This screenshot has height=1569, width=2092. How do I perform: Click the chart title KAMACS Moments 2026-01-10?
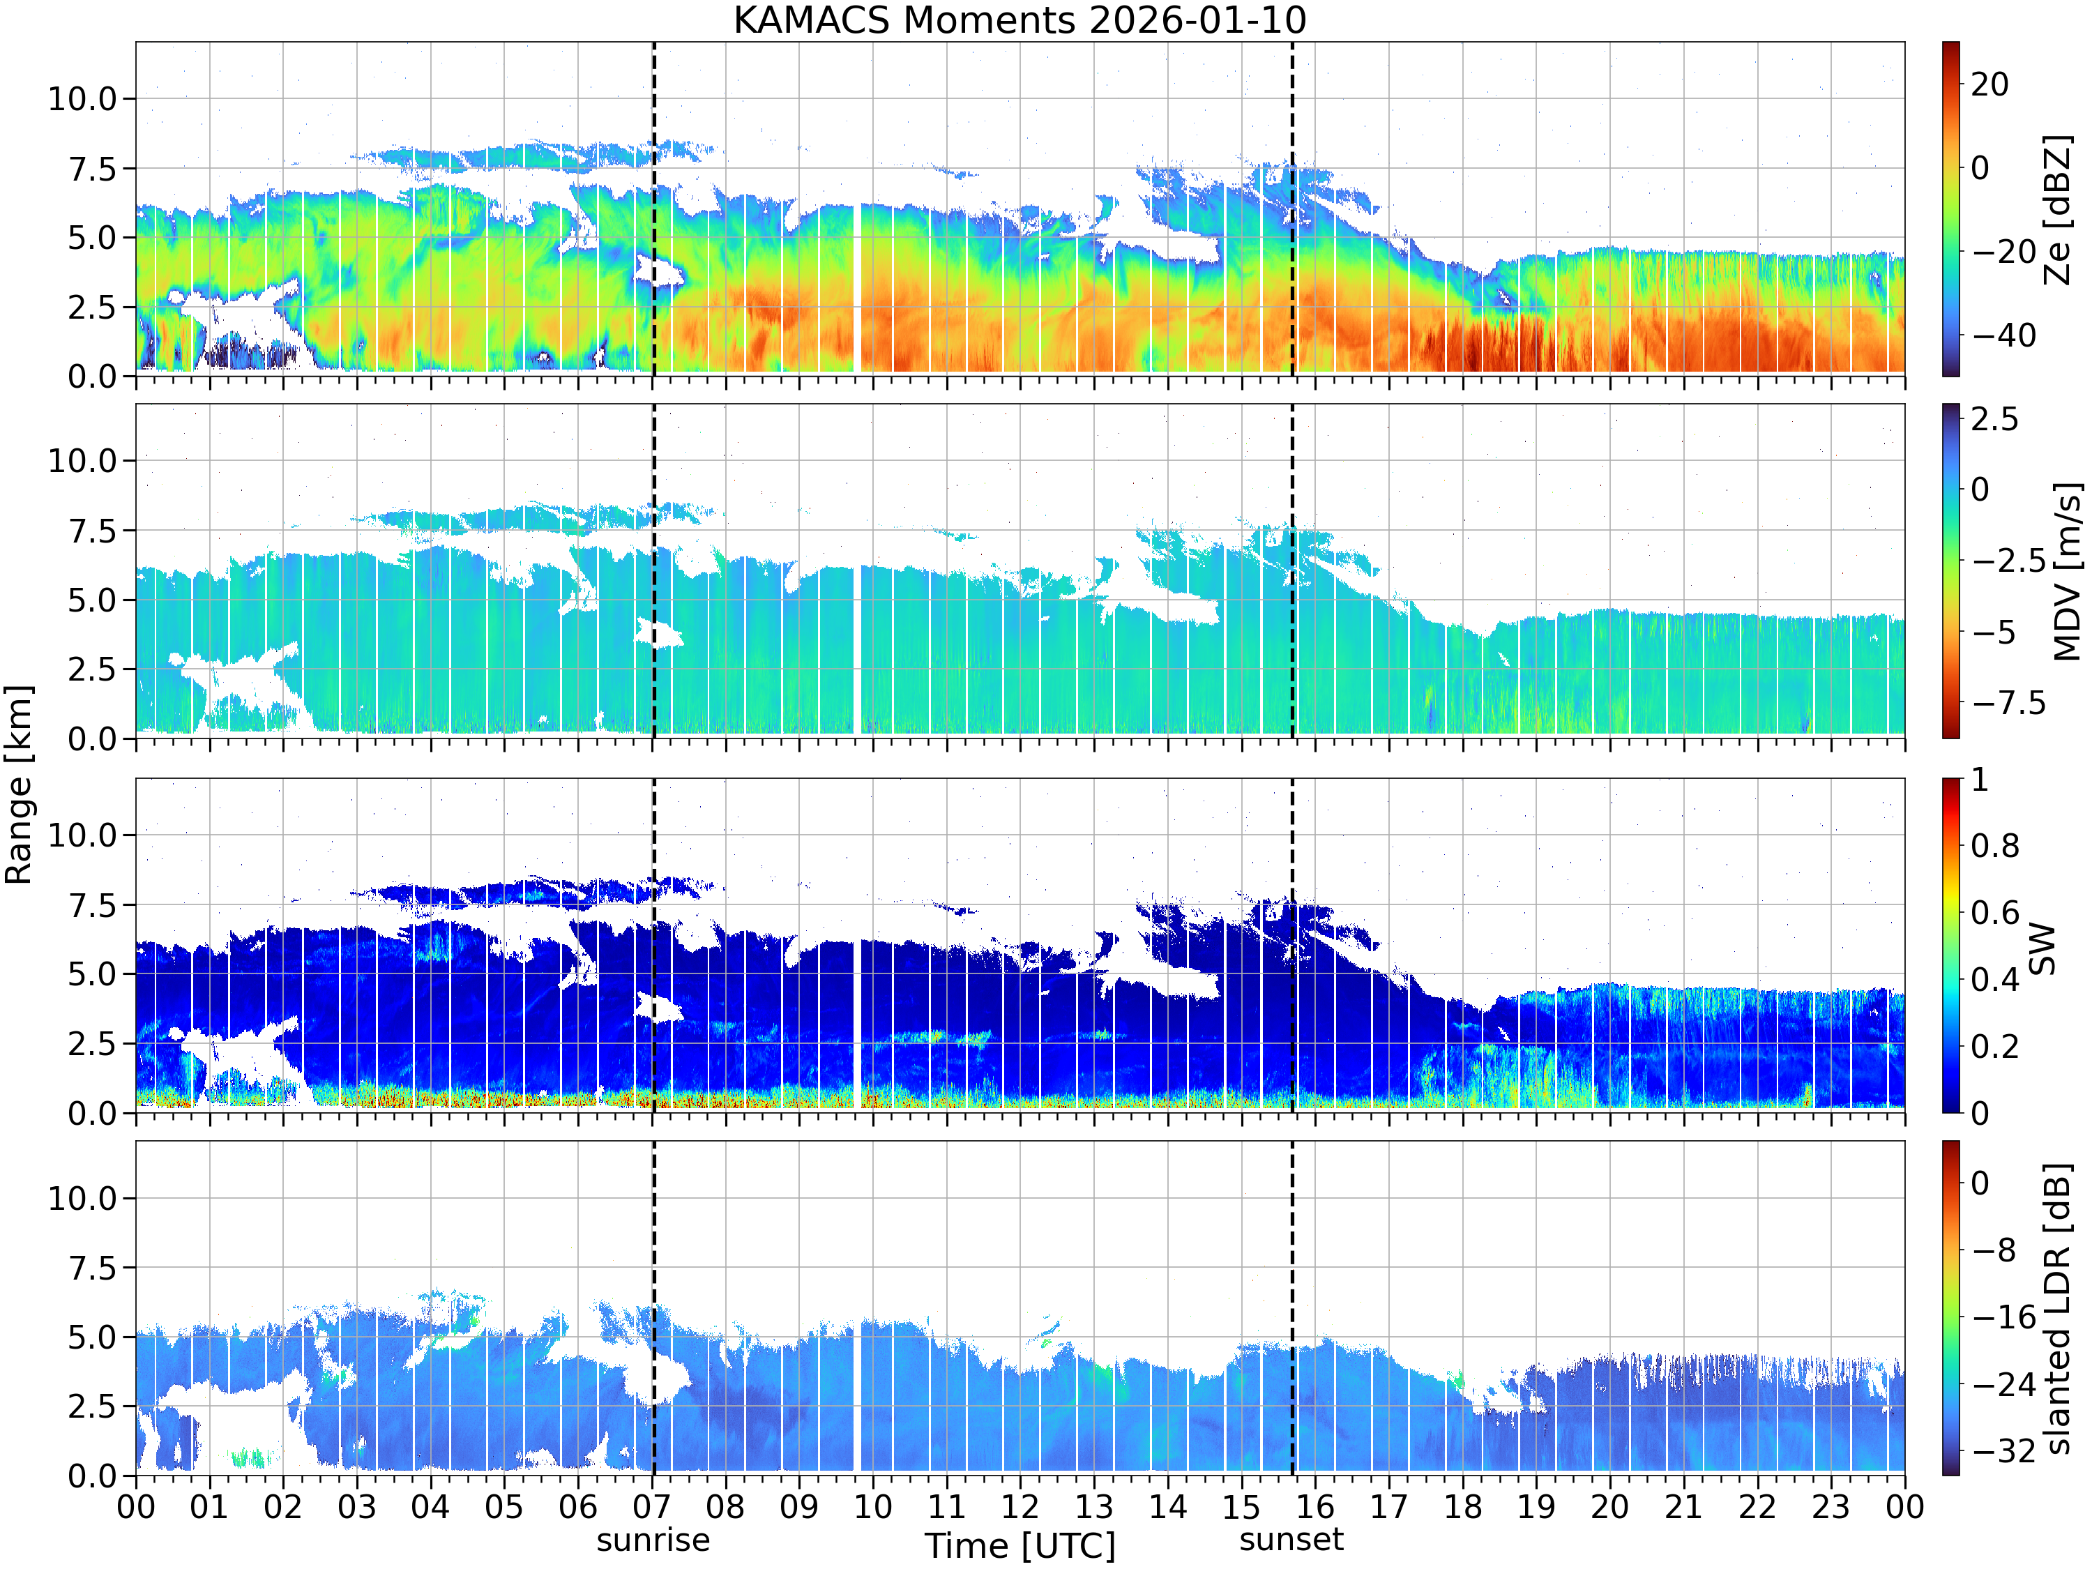[1020, 20]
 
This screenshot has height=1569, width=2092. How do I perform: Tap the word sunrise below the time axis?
[653, 1540]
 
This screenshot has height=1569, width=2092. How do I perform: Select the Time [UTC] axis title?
[1020, 1546]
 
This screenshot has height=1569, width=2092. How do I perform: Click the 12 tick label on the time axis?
[1020, 1506]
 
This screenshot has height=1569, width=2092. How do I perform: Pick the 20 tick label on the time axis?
[1609, 1506]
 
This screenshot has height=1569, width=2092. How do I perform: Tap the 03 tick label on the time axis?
[356, 1506]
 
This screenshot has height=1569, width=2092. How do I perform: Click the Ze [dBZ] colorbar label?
[2057, 210]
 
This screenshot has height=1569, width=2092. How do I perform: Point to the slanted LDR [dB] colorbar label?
[2057, 1308]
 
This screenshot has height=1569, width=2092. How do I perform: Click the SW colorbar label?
[2042, 948]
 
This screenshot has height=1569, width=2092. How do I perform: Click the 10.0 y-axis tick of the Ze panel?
[82, 98]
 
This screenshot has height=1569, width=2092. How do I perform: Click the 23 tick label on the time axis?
[1831, 1506]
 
